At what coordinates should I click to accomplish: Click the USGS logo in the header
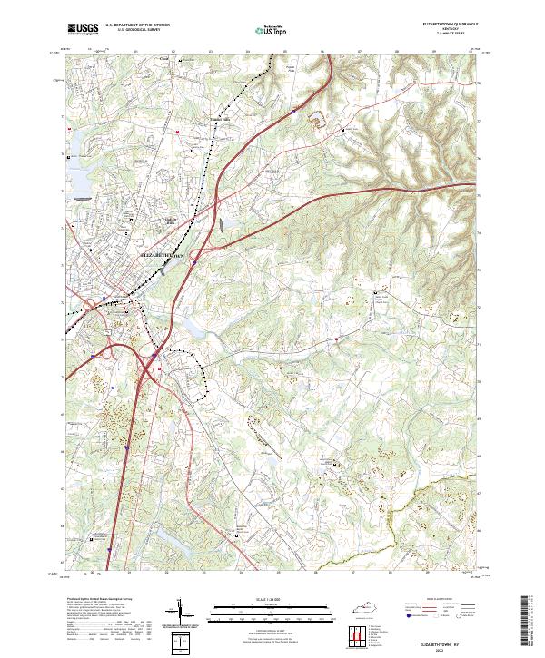click(x=84, y=30)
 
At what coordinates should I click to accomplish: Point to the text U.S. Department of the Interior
click(x=137, y=25)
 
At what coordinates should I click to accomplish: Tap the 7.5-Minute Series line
click(x=448, y=34)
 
